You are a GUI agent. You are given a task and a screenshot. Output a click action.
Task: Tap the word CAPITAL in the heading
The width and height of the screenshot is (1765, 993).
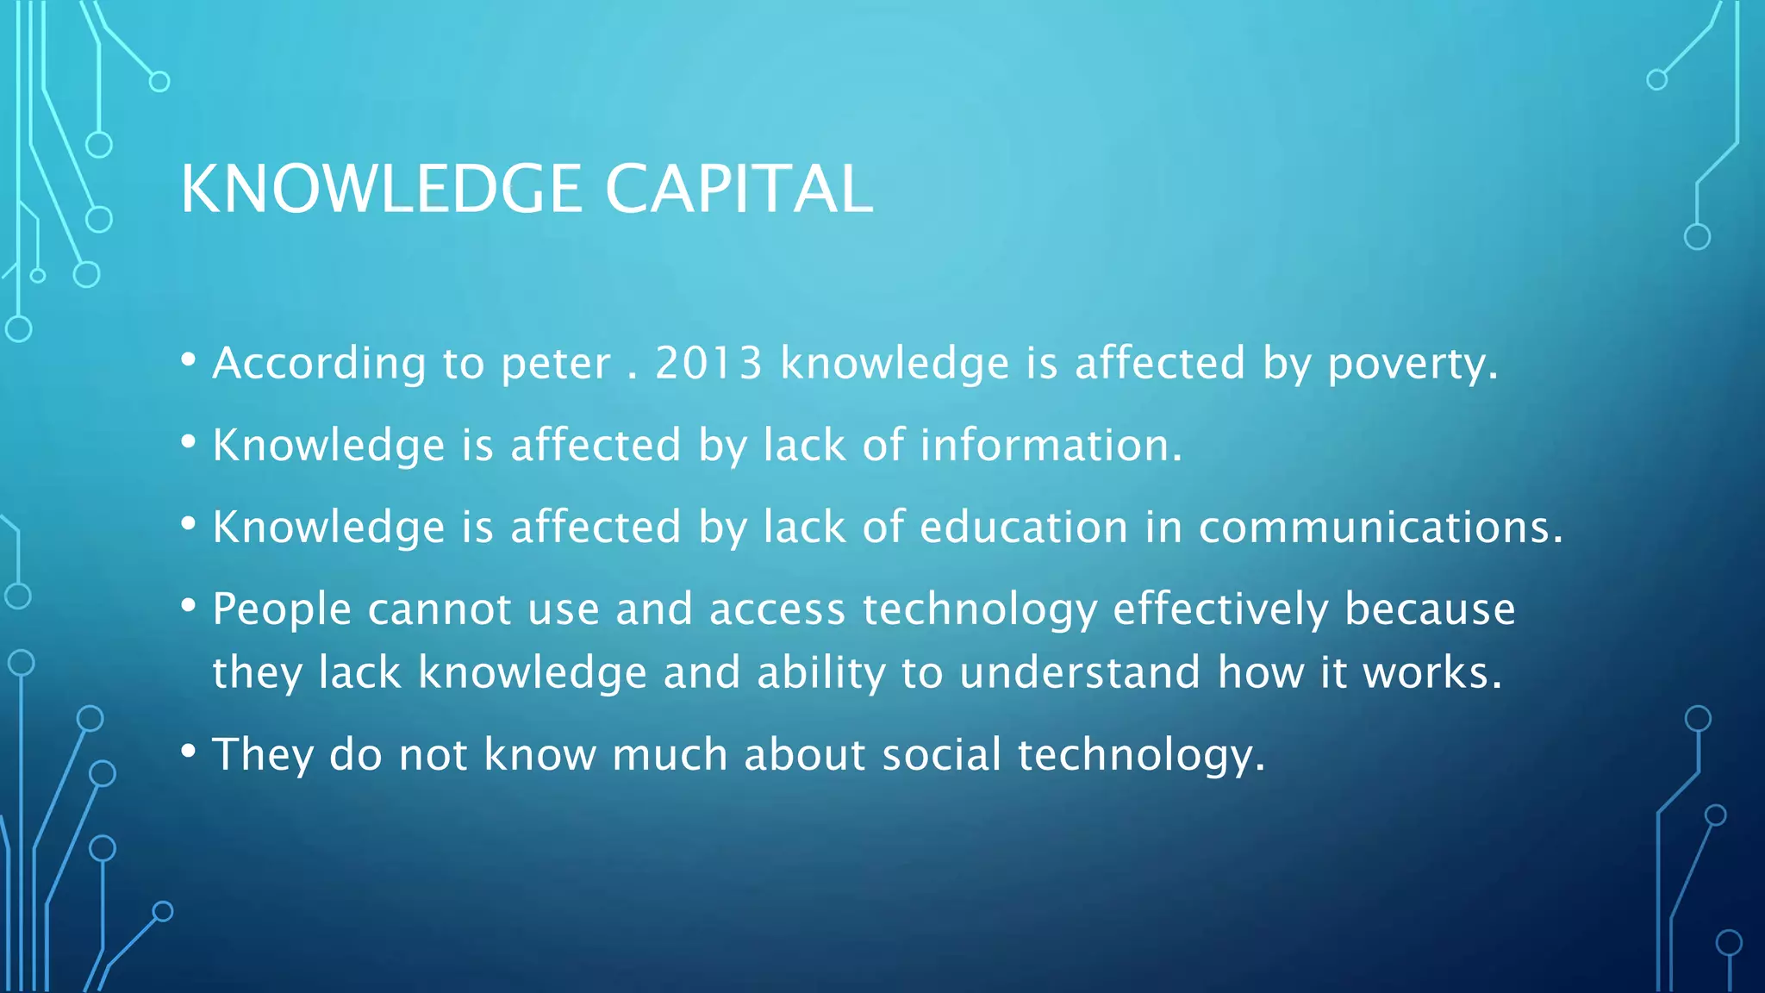pyautogui.click(x=739, y=189)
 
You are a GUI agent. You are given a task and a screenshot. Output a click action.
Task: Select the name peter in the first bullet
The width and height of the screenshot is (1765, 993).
pyautogui.click(x=556, y=363)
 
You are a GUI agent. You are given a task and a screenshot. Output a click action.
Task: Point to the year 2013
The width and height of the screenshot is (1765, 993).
pyautogui.click(x=708, y=363)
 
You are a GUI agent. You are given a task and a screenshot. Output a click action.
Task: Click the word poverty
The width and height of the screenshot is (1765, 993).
pyautogui.click(x=1412, y=363)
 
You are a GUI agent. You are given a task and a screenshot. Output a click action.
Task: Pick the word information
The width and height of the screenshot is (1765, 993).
pyautogui.click(x=1050, y=445)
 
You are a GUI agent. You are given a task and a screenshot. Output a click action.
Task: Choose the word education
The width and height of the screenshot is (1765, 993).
pyautogui.click(x=1024, y=527)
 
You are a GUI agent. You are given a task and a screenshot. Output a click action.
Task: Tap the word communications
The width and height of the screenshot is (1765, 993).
pyautogui.click(x=1380, y=527)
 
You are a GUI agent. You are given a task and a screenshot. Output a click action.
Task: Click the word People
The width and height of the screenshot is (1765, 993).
pyautogui.click(x=282, y=609)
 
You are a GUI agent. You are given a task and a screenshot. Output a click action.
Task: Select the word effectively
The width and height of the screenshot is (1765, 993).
pyautogui.click(x=1220, y=609)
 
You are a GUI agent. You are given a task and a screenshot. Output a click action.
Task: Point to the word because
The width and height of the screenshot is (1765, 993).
pyautogui.click(x=1430, y=609)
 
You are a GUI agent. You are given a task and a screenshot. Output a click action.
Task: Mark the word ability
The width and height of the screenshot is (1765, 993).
pyautogui.click(x=820, y=672)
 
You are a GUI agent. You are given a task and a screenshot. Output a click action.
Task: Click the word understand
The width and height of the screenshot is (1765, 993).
pyautogui.click(x=1080, y=672)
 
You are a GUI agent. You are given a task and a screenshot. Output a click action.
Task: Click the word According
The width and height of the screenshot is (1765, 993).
pyautogui.click(x=319, y=363)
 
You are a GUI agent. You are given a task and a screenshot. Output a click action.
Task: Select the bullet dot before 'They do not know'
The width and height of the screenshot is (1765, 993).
pyautogui.click(x=189, y=750)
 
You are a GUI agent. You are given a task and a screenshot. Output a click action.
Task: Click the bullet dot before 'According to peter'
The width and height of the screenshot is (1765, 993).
pyautogui.click(x=189, y=359)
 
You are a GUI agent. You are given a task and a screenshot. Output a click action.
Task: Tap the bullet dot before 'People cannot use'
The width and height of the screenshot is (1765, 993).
pyautogui.click(x=189, y=605)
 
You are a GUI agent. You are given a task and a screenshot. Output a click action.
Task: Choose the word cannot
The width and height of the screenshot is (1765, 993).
pyautogui.click(x=440, y=609)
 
